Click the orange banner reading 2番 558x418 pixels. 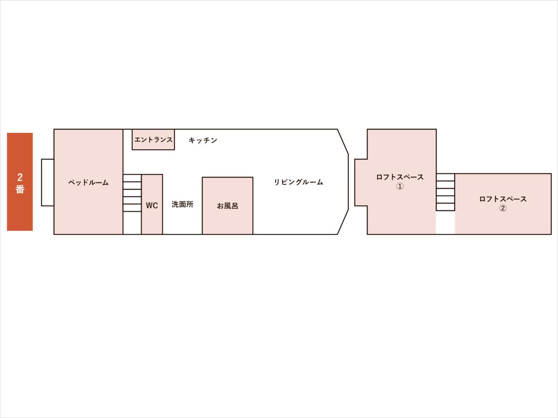coord(20,182)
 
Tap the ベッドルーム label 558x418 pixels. coord(88,183)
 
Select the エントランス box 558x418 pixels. coord(153,139)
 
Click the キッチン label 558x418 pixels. coord(203,140)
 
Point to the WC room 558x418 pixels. coord(152,204)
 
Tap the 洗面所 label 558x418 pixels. coord(182,204)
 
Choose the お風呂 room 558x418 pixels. coord(228,206)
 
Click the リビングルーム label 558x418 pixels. coord(299,182)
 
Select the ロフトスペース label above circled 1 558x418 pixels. coord(400,177)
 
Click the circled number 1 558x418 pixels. coord(400,186)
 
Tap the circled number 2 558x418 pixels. coord(503,208)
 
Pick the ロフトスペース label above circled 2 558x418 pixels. coord(503,199)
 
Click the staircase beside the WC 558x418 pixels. coord(132,193)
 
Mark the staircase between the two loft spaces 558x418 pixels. coord(446,192)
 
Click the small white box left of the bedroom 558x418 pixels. coord(48,183)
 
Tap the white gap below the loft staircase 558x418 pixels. coord(446,222)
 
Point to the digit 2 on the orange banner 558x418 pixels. coord(20,177)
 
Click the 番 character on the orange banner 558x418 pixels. coord(20,189)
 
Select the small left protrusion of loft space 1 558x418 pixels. coord(361,183)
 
